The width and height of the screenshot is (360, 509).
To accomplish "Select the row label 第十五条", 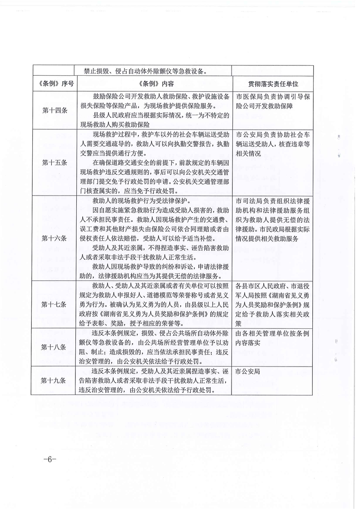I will pos(54,162).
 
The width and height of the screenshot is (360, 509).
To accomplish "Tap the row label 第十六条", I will pos(54,238).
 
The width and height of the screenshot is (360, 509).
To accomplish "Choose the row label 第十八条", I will pos(54,347).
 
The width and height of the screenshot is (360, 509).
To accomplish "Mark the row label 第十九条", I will pos(54,381).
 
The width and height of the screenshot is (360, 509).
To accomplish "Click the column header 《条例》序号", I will pos(54,84).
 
